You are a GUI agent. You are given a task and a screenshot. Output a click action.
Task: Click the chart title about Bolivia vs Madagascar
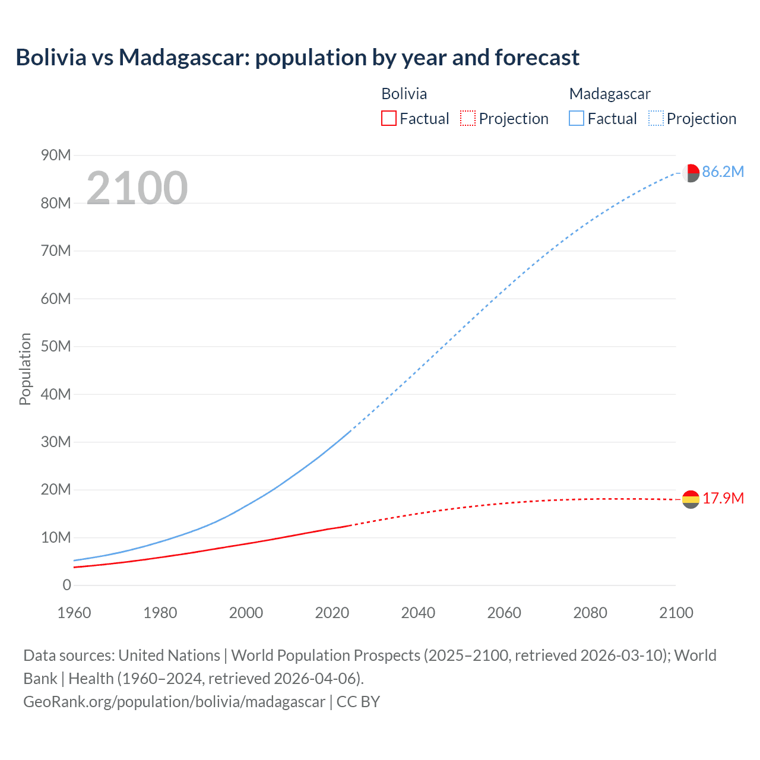pos(297,58)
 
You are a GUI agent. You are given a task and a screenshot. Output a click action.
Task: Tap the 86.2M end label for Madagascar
pos(723,172)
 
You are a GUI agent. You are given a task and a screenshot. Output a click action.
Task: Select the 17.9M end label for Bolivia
pos(723,498)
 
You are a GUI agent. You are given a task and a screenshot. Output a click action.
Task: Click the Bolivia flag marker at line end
pos(691,499)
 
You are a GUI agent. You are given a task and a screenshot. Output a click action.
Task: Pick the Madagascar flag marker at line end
pos(691,173)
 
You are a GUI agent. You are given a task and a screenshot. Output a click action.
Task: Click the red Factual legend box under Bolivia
pos(389,119)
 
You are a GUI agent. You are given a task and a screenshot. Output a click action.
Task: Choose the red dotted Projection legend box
pos(468,119)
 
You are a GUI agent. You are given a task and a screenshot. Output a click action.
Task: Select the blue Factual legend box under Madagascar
pos(577,119)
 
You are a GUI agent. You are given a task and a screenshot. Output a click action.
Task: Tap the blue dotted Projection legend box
pos(656,119)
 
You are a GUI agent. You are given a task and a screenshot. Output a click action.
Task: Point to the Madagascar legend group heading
pos(610,94)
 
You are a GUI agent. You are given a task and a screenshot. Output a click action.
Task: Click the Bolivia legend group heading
pos(404,94)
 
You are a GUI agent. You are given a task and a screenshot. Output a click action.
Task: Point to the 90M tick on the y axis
pos(56,156)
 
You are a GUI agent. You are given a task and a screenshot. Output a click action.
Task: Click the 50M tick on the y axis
pos(56,346)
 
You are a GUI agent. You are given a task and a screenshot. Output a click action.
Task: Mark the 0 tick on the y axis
pos(66,585)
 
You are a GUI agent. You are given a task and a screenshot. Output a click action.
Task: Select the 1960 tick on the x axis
pos(74,613)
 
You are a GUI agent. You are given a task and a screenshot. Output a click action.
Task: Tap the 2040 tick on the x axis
pos(418,613)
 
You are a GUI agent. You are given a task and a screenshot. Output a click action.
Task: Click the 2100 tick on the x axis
pos(676,613)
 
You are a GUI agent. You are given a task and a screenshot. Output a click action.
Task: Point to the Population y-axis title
pos(25,369)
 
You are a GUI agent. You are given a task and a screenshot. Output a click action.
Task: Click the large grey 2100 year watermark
pos(137,188)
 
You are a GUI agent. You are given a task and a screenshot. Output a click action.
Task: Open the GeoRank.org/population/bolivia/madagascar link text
pos(174,702)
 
